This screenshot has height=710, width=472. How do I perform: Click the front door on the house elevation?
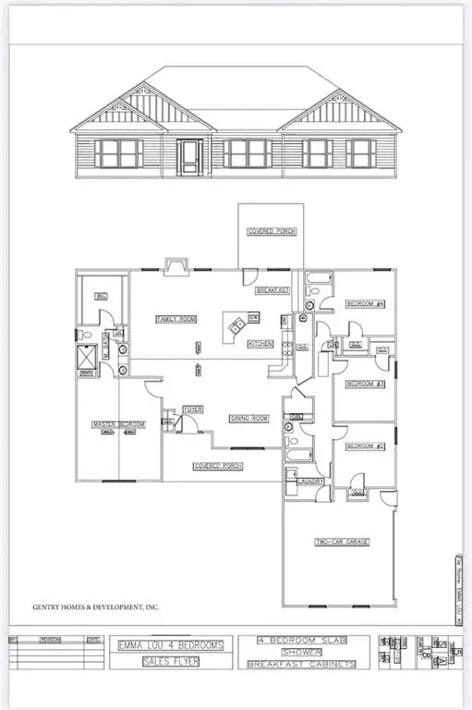(189, 157)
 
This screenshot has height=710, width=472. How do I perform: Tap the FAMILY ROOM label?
(175, 319)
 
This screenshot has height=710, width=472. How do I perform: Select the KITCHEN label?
(260, 344)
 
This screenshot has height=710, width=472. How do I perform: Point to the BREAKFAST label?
(272, 290)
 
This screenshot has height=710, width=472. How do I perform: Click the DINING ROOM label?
(248, 419)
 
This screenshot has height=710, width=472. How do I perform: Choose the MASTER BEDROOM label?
(119, 424)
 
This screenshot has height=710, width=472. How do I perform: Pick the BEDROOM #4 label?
(365, 304)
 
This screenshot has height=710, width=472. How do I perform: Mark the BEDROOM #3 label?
(365, 384)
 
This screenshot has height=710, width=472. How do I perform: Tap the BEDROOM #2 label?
(365, 447)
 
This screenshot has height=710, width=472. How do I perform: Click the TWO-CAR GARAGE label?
(337, 543)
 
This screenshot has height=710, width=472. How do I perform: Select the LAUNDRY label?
(309, 481)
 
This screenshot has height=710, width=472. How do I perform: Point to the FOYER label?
(192, 409)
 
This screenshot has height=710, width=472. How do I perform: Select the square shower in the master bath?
(90, 356)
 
